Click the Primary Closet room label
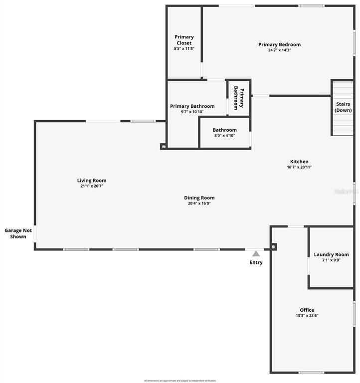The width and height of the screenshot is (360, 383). [x=184, y=40]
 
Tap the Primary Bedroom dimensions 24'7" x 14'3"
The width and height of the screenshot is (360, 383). [x=279, y=50]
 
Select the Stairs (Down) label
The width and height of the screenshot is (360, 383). [x=343, y=107]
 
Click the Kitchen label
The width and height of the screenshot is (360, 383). [x=299, y=162]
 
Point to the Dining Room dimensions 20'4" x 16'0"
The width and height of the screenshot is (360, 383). [x=199, y=203]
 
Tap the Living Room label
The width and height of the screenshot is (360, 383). [x=92, y=181]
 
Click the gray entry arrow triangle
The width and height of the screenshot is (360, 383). [x=256, y=253]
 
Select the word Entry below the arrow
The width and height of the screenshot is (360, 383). [x=256, y=262]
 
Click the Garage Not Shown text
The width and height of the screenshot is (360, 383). [x=15, y=233]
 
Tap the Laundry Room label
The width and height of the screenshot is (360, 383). [x=331, y=254]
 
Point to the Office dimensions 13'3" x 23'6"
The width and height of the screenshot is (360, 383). [x=307, y=316]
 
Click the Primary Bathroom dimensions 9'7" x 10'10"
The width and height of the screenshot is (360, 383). [x=192, y=112]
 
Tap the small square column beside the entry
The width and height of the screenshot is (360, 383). [x=273, y=246]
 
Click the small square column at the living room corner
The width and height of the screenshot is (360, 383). [x=163, y=147]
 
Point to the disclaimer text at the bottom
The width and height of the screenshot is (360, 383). [x=180, y=381]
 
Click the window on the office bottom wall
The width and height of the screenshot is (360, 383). [x=312, y=373]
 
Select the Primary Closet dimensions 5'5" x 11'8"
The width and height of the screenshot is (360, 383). [x=184, y=49]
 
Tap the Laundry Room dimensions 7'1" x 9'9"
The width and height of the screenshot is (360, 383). [x=331, y=260]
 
